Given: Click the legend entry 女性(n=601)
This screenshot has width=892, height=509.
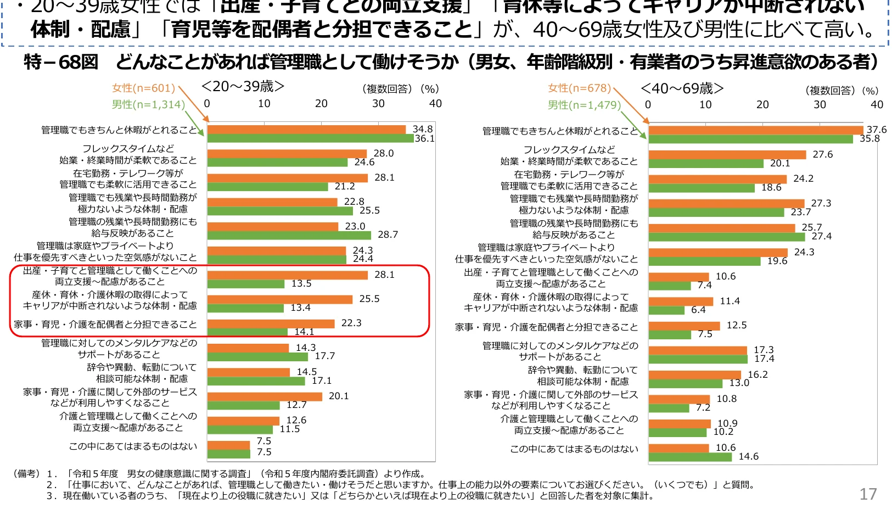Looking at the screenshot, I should coord(143,88).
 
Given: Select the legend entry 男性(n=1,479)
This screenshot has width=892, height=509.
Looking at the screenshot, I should coord(584,105).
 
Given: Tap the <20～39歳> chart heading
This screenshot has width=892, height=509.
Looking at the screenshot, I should coord(243,86).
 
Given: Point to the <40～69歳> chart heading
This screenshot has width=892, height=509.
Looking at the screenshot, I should coord(682,88).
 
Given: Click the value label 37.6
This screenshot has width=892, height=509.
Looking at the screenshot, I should coord(876,130).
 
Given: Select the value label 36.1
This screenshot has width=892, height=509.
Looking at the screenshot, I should coord(424,138).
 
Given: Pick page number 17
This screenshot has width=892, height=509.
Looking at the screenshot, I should coord(868,494).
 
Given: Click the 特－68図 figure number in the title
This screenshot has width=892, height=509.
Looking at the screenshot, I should coord(61,62).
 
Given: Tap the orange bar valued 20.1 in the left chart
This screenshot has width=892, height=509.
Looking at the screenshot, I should coord(265,396).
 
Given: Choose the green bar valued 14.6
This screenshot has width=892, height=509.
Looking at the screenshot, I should coord(690,457).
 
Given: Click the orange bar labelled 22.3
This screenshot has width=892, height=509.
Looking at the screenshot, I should coord(271,323).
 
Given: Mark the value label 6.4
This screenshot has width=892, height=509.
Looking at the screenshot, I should coord(698,310).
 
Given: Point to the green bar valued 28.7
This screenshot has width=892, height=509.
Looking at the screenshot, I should coord(289,235).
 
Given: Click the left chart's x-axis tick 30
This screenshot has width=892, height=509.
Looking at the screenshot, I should coord(378,103).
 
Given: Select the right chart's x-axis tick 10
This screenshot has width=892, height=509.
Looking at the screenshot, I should coord(705,104).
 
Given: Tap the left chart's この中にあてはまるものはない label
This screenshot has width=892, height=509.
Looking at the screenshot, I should coord(133,446).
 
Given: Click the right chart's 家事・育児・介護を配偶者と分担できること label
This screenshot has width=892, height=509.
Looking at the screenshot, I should coord(546,327).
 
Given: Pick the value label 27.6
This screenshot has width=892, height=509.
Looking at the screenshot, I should coord(822,155).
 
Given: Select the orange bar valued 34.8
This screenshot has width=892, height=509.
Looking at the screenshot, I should coord(306,130).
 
